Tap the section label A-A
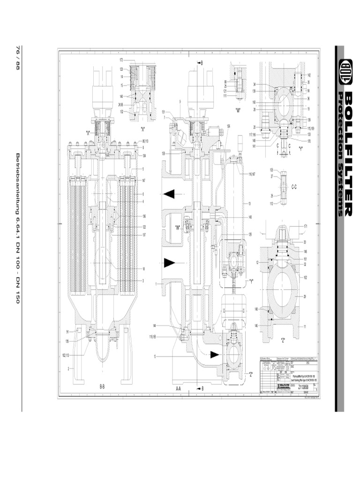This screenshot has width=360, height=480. click(178, 389)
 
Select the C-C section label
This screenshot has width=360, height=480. click(294, 187)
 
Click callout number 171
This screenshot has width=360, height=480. click(305, 226)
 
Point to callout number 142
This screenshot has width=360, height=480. click(309, 75)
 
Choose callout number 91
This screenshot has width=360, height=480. click(68, 332)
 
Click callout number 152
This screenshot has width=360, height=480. click(305, 277)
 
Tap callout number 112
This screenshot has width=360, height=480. click(271, 203)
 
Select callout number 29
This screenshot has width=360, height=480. click(305, 297)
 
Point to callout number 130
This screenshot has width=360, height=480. click(164, 153)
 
